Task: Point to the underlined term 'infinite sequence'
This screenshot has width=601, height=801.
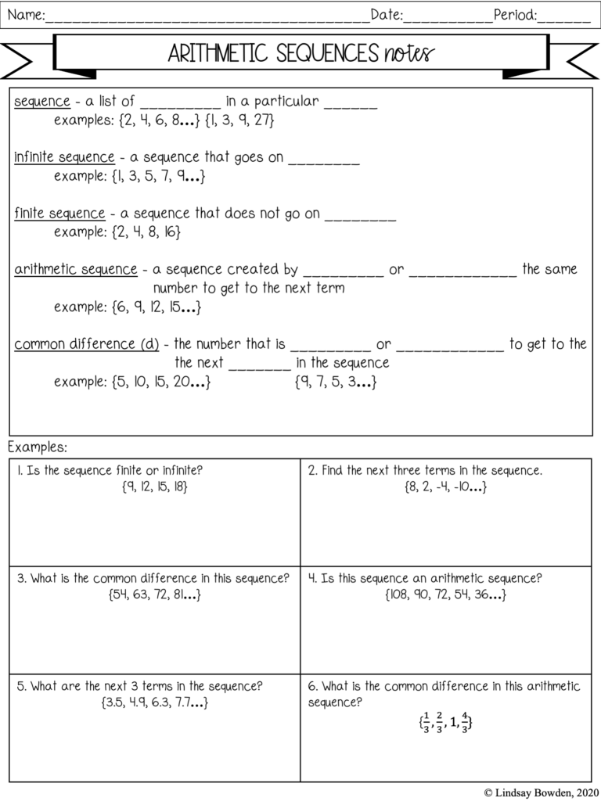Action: click(64, 157)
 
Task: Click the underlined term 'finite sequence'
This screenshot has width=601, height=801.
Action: click(59, 213)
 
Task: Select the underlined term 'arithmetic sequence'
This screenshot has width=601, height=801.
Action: click(76, 269)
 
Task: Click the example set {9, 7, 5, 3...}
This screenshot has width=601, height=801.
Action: click(336, 383)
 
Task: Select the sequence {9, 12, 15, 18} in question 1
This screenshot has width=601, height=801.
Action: click(155, 487)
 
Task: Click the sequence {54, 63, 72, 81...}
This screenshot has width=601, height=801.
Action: click(155, 594)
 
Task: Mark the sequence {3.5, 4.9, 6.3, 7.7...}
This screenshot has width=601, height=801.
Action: click(155, 702)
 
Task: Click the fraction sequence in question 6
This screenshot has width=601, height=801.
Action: click(445, 722)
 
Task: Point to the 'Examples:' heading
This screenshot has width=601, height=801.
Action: click(38, 447)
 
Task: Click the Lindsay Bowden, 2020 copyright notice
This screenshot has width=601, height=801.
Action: click(539, 792)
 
